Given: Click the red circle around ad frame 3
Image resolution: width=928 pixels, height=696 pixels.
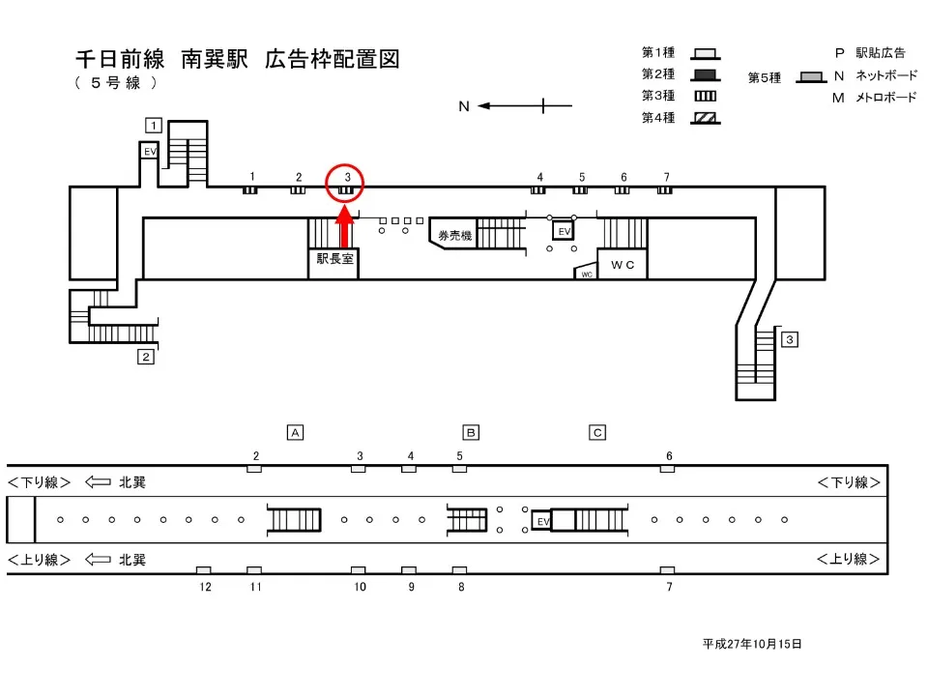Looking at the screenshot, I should point(345,183).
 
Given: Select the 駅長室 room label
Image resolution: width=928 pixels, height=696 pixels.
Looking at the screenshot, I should point(333,259).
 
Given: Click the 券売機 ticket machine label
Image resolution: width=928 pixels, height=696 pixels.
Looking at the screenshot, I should point(454,236).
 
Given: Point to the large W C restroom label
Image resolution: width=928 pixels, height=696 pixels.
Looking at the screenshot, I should point(622,264).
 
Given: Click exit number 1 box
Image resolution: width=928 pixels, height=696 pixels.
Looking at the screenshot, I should point(153,124).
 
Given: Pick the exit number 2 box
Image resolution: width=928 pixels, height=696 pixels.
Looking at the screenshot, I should point(146,357).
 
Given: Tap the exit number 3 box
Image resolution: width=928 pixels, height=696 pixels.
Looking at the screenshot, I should point(790,339).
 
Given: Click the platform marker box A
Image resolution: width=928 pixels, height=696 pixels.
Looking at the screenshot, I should point(296,432).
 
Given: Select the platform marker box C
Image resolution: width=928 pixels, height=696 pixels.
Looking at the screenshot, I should point(597,432).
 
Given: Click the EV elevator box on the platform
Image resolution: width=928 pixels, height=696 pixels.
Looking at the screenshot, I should point(542,521).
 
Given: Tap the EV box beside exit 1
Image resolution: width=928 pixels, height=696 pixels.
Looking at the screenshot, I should point(150,152).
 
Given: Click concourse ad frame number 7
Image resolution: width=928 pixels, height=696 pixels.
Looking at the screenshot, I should point(665,189).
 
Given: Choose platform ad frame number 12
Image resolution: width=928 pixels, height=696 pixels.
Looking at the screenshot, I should point(204,570).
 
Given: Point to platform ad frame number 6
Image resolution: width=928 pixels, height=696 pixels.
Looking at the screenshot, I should point(667,469).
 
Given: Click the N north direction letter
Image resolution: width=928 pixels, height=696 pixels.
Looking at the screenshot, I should point(464,106).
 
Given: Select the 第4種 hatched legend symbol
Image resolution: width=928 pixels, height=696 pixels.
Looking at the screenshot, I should point(706,118).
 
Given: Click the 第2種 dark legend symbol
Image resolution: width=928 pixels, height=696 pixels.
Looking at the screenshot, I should point(706,74).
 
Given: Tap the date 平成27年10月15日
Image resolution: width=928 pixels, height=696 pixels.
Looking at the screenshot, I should point(752,644).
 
